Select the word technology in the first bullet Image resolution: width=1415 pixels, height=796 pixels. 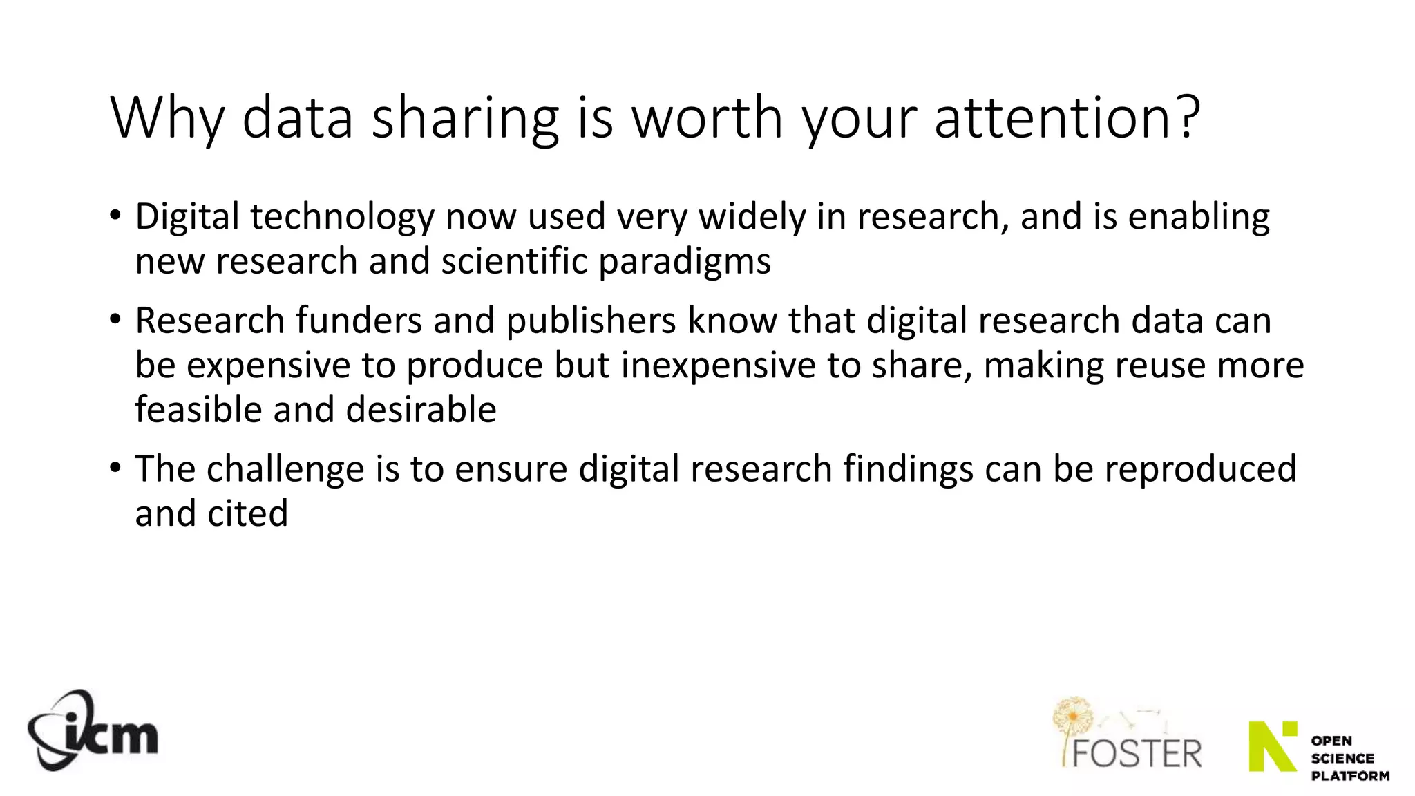tap(342, 217)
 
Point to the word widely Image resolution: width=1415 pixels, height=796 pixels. tap(751, 217)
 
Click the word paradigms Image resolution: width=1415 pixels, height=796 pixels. tap(684, 262)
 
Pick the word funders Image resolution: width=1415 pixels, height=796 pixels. tap(359, 321)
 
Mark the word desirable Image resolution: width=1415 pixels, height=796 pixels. tap(421, 410)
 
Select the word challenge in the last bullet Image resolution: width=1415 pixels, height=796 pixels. tap(285, 469)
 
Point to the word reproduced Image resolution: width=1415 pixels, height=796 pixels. tap(1200, 469)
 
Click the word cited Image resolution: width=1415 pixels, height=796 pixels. tap(254, 513)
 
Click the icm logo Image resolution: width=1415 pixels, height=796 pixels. tap(93, 731)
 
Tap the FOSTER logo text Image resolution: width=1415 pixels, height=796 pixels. tap(1137, 753)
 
